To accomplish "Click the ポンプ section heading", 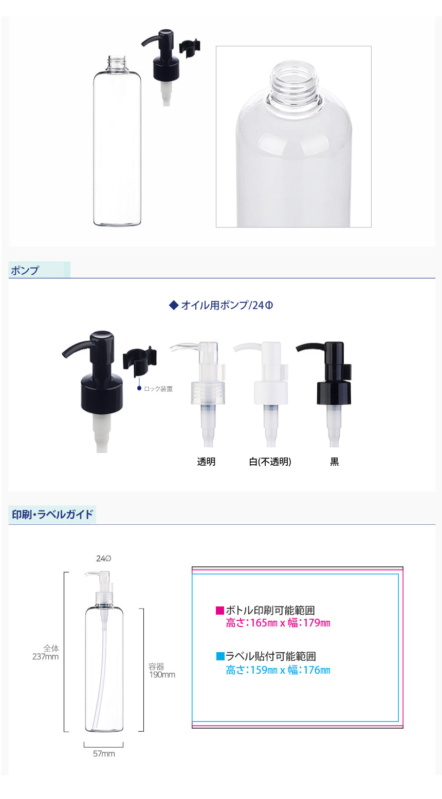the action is pos(25,270).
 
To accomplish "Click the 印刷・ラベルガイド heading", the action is pos(52,515).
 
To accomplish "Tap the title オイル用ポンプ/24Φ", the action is pos(227,305).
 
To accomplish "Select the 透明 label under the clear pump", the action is pos(207,462).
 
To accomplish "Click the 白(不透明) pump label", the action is pos(270,462).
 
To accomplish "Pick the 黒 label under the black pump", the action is pos(334,462).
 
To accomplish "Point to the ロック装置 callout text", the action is pos(158,388).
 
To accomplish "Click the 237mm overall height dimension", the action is pos(45,657).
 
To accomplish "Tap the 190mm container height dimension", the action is pos(162,675).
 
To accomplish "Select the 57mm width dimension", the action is pos(104,754).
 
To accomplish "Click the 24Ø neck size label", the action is pos(103,559).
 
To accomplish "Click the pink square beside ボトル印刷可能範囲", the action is pos(220,611).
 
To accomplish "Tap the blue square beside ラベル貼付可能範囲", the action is pos(220,656).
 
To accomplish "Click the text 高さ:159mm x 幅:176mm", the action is pos(278,670).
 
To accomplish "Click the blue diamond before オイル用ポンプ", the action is pos(174,306).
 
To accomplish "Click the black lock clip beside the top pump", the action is pos(190,47).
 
